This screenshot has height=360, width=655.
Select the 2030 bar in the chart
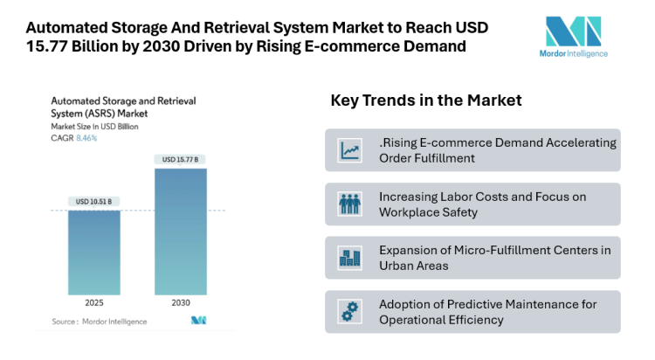[181, 231]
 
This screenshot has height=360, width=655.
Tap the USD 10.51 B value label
[94, 202]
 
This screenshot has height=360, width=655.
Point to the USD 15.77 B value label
[181, 159]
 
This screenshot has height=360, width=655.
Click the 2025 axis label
[94, 302]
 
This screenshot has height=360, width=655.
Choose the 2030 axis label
[181, 302]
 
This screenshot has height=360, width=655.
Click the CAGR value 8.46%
[85, 138]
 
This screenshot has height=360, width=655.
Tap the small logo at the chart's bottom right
[198, 322]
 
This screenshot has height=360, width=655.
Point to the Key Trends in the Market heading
[425, 100]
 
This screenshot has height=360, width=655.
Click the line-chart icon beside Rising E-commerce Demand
[350, 150]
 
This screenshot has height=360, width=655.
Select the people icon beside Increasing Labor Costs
[350, 204]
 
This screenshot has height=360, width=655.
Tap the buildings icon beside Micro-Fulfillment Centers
[350, 258]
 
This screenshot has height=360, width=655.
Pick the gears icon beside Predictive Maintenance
[350, 312]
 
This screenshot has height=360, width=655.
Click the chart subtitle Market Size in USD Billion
[94, 127]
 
